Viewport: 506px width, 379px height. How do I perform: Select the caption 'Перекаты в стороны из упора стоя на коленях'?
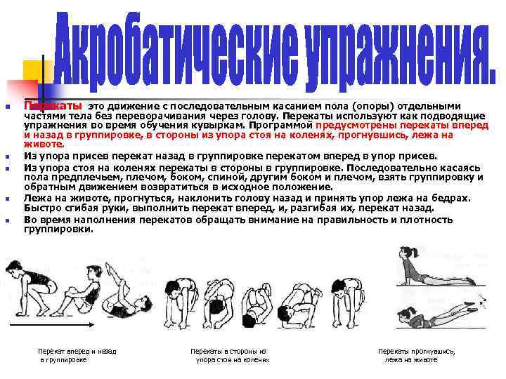229,355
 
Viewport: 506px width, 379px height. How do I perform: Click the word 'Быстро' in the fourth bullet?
41,208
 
